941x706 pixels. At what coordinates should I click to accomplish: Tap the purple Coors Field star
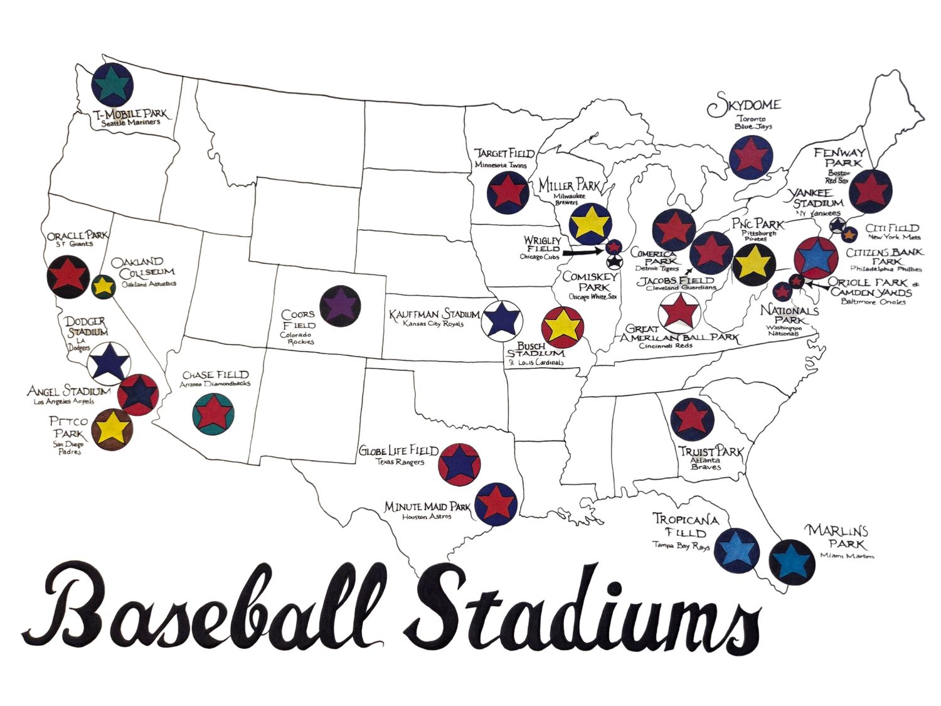(340, 306)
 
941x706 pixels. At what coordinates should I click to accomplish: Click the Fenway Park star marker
(871, 190)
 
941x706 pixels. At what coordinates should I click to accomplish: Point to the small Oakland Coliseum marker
(103, 287)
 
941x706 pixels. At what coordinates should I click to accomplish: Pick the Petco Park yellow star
(112, 428)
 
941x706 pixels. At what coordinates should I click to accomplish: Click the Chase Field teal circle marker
(215, 413)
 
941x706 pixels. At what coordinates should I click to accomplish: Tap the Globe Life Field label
(398, 451)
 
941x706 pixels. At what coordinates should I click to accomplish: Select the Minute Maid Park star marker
(496, 503)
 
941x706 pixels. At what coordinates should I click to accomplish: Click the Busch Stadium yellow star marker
(562, 326)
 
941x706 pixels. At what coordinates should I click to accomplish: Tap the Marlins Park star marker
(792, 560)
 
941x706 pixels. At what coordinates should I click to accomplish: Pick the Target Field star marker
(508, 191)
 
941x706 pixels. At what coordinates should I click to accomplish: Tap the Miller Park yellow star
(590, 223)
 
